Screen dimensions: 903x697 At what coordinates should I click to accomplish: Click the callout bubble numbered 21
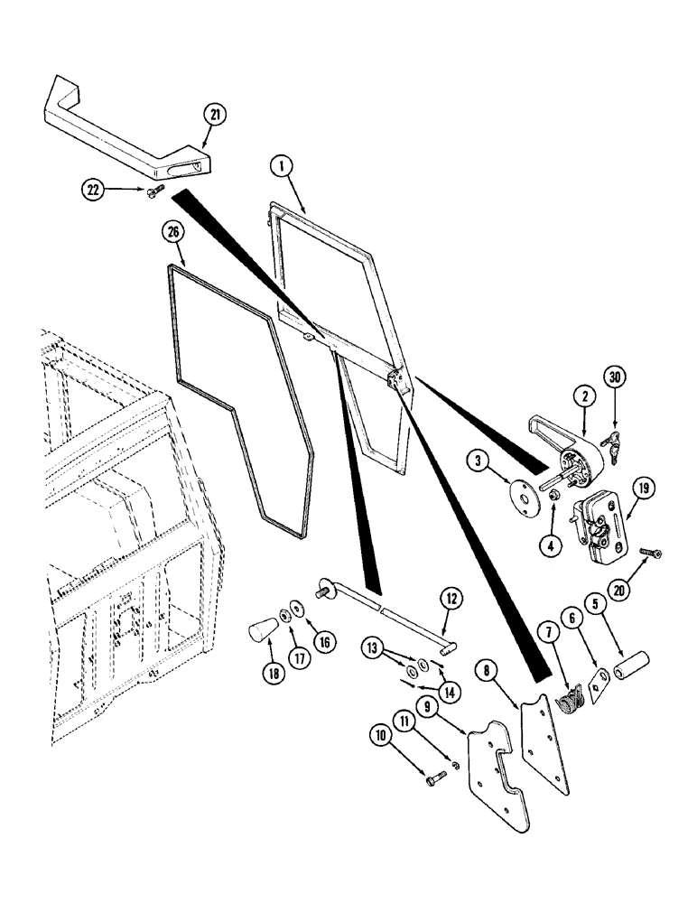(x=215, y=115)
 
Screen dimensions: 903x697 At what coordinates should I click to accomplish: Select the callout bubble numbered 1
(x=281, y=166)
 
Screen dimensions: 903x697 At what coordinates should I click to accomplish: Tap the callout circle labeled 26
(x=174, y=232)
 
